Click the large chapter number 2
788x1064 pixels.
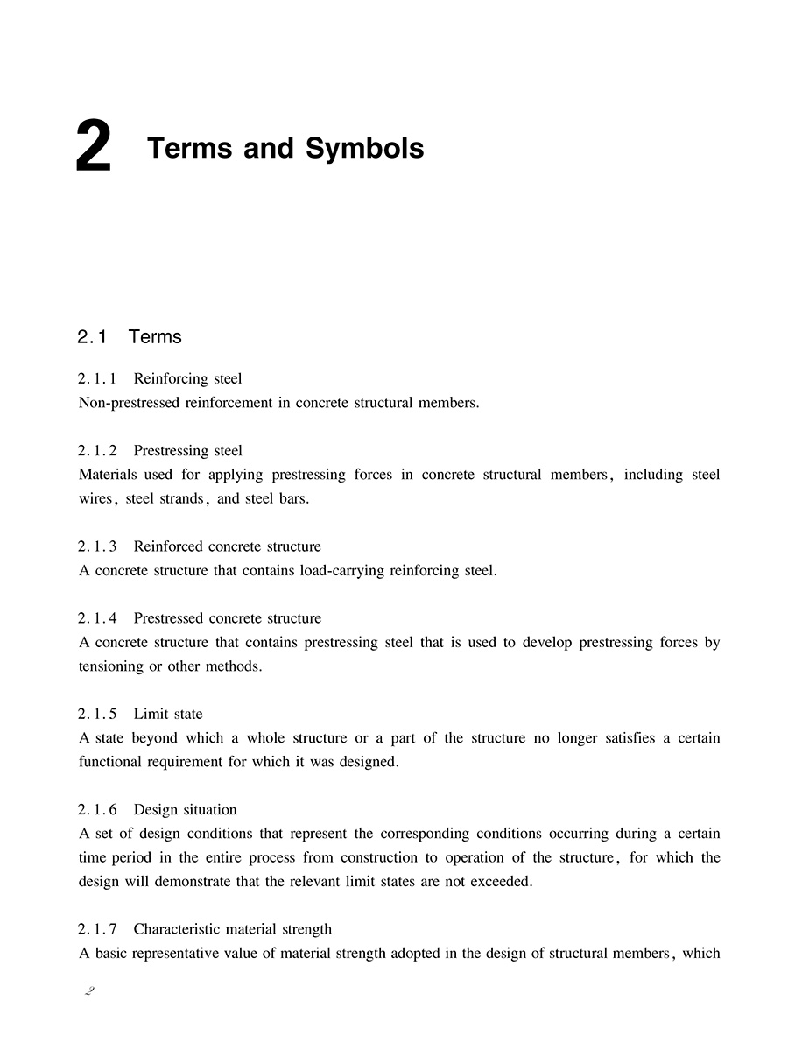[94, 149]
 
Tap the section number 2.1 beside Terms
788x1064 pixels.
[92, 337]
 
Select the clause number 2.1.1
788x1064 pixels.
[97, 379]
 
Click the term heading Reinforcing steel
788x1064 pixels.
[187, 379]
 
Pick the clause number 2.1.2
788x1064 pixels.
[97, 451]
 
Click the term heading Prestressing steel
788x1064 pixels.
[187, 451]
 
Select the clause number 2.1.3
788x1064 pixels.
[97, 546]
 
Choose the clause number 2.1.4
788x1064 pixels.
[97, 618]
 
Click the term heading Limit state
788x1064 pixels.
[167, 715]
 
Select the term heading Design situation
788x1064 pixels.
[185, 810]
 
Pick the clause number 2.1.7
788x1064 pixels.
[97, 929]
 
